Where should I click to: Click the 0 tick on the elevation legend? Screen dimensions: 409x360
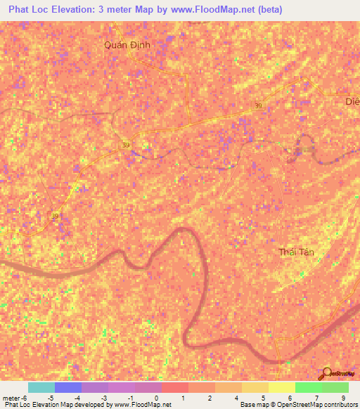point(156,398)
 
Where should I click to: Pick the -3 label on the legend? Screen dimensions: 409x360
point(103,398)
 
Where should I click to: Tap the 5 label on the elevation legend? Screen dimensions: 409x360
point(264,398)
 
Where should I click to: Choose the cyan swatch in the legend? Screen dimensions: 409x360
point(41,387)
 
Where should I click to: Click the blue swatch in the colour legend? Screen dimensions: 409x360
point(68,387)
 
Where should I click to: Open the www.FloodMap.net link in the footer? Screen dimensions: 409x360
point(143,405)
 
